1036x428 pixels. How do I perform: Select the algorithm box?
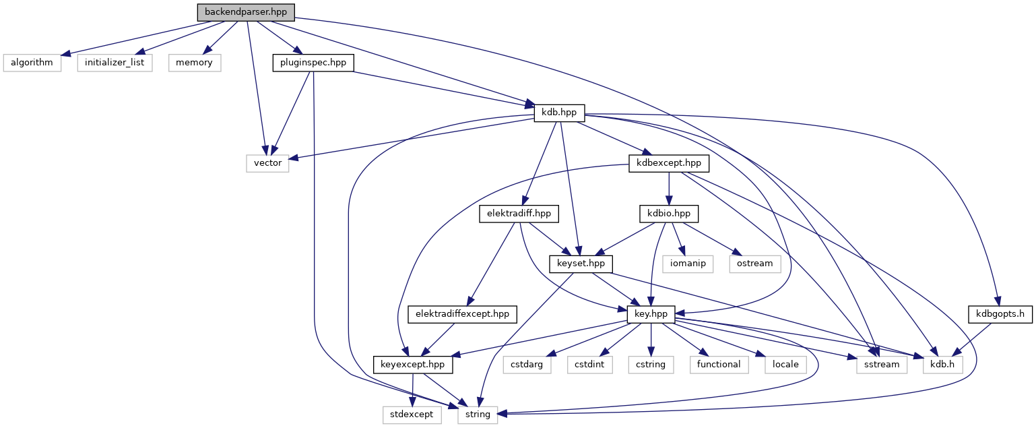tap(32, 63)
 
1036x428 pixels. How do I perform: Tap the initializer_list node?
tap(115, 63)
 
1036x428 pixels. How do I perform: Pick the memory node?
tap(195, 63)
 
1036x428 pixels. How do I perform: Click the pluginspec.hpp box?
tap(313, 63)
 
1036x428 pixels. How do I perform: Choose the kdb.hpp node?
tap(559, 113)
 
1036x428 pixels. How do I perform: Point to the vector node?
tap(267, 163)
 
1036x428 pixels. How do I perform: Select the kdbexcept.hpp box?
tap(668, 163)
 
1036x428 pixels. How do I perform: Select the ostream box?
tap(754, 264)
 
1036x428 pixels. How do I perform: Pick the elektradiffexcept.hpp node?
tap(462, 314)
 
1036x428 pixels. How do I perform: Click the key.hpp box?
tap(651, 314)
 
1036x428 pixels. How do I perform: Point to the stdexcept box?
tap(412, 415)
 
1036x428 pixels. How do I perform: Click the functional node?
tap(719, 365)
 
